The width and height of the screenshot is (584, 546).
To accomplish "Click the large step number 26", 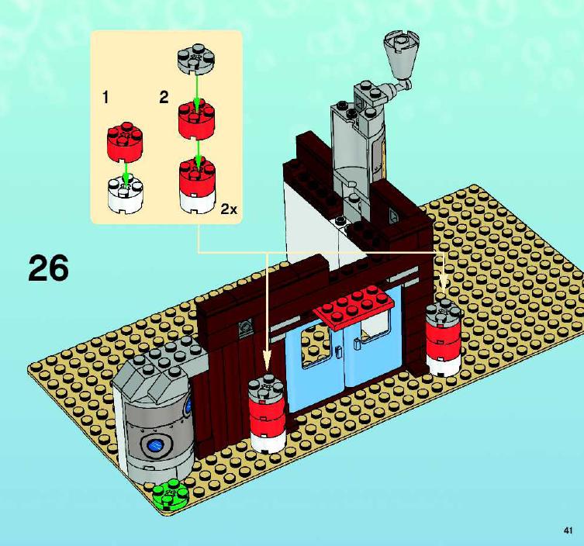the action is (48, 268).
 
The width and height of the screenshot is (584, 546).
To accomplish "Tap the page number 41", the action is (568, 530).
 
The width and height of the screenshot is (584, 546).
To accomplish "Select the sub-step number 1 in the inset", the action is (105, 98).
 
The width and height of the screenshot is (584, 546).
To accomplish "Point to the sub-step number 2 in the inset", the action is (164, 98).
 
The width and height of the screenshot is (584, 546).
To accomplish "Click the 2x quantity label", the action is (229, 209).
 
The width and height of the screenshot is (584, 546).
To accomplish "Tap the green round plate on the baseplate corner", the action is (171, 493).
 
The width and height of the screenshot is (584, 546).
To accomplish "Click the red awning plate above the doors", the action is (354, 306).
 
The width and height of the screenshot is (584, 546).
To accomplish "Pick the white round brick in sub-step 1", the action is (126, 195).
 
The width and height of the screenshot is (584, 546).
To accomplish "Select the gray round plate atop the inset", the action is (197, 59).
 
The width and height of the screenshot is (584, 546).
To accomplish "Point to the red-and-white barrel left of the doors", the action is (267, 413).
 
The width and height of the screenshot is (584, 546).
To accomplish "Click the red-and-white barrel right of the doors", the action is (443, 337).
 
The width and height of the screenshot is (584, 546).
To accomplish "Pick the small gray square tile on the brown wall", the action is (245, 328).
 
